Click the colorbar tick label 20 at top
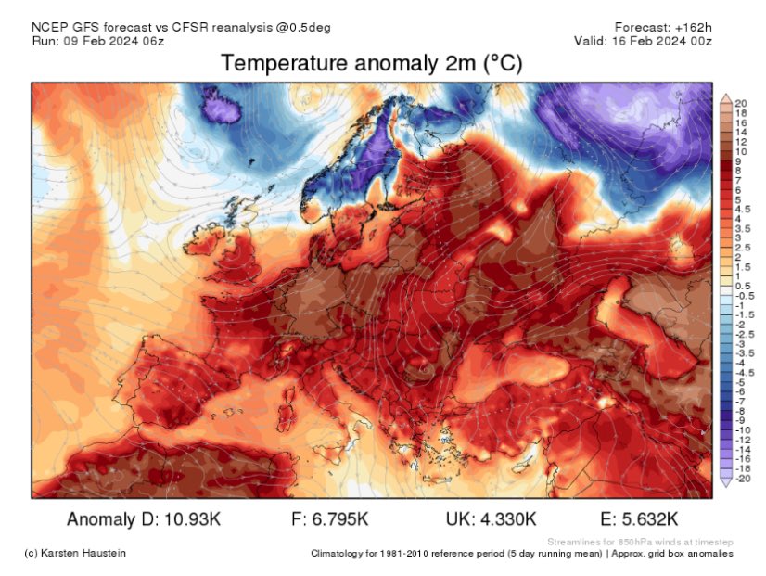[x=740, y=102]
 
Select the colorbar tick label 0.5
[x=742, y=286]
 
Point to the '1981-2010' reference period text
[x=405, y=554]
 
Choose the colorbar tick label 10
[x=740, y=150]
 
